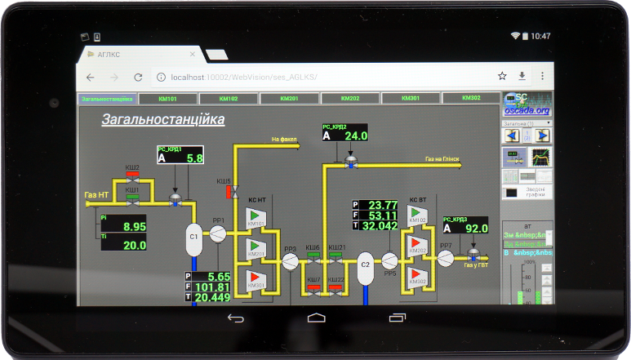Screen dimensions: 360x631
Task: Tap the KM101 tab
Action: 168,98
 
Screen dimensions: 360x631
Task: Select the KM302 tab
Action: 471,98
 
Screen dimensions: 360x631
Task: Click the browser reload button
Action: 138,77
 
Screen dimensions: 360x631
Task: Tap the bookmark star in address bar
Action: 503,76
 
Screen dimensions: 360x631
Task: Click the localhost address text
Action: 237,77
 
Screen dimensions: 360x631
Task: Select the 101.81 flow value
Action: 212,287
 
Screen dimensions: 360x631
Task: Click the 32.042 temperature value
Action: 379,226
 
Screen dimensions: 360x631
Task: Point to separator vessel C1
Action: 194,237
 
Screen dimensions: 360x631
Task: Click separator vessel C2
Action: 365,265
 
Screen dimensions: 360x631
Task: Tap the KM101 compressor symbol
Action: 256,219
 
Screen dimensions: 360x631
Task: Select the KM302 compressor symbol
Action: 418,276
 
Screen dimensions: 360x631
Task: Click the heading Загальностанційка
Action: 163,120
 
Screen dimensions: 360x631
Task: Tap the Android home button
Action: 316,318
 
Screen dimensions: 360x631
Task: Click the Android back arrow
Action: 235,318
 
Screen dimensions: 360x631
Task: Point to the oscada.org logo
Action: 527,104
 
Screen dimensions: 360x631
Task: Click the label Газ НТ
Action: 96,195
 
